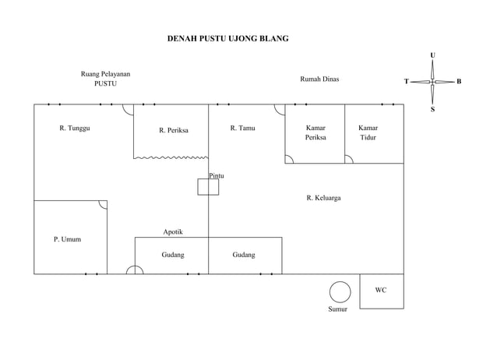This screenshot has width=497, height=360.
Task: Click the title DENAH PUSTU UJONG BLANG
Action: [x=228, y=38]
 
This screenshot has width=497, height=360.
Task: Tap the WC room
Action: [x=382, y=291]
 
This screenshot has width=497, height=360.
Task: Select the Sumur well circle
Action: [x=340, y=292]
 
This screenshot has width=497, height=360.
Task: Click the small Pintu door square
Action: [x=208, y=187]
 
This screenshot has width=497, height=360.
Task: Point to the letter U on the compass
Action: [x=432, y=55]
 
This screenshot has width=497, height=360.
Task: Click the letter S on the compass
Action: [x=432, y=109]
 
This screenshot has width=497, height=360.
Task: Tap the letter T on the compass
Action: [x=407, y=82]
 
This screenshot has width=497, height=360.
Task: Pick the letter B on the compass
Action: [x=459, y=82]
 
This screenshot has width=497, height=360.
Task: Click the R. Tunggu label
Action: [x=75, y=128]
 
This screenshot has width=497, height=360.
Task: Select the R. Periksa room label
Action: [x=174, y=130]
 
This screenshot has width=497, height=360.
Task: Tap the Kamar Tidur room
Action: [x=375, y=134]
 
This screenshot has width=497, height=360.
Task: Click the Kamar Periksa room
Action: [x=315, y=134]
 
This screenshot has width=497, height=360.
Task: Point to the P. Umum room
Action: [x=71, y=237]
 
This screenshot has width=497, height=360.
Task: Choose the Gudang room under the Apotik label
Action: [x=172, y=256]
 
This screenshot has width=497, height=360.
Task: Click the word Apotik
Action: [x=173, y=232]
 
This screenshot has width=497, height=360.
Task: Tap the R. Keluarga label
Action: [x=323, y=198]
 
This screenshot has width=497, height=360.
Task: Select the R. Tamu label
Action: [x=243, y=128]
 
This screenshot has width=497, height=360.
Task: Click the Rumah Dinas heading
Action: [x=319, y=79]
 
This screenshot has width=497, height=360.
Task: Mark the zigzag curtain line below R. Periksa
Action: [x=171, y=157]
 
